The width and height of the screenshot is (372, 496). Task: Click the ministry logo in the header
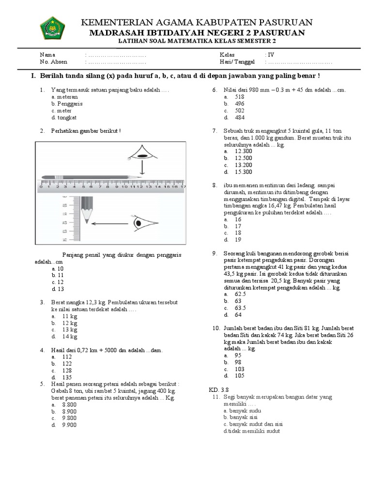(49, 29)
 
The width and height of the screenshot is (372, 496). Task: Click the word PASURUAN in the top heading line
(281, 22)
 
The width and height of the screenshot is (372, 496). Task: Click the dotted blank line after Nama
(116, 55)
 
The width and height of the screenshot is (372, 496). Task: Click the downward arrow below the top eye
(141, 170)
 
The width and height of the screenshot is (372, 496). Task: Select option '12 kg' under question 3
(69, 323)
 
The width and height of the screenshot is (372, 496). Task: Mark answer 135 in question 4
(67, 377)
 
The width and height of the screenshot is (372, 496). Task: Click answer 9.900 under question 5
(69, 425)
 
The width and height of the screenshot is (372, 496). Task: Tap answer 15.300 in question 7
(243, 172)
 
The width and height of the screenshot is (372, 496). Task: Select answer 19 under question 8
(238, 239)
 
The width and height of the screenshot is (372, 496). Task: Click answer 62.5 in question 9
(240, 294)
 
